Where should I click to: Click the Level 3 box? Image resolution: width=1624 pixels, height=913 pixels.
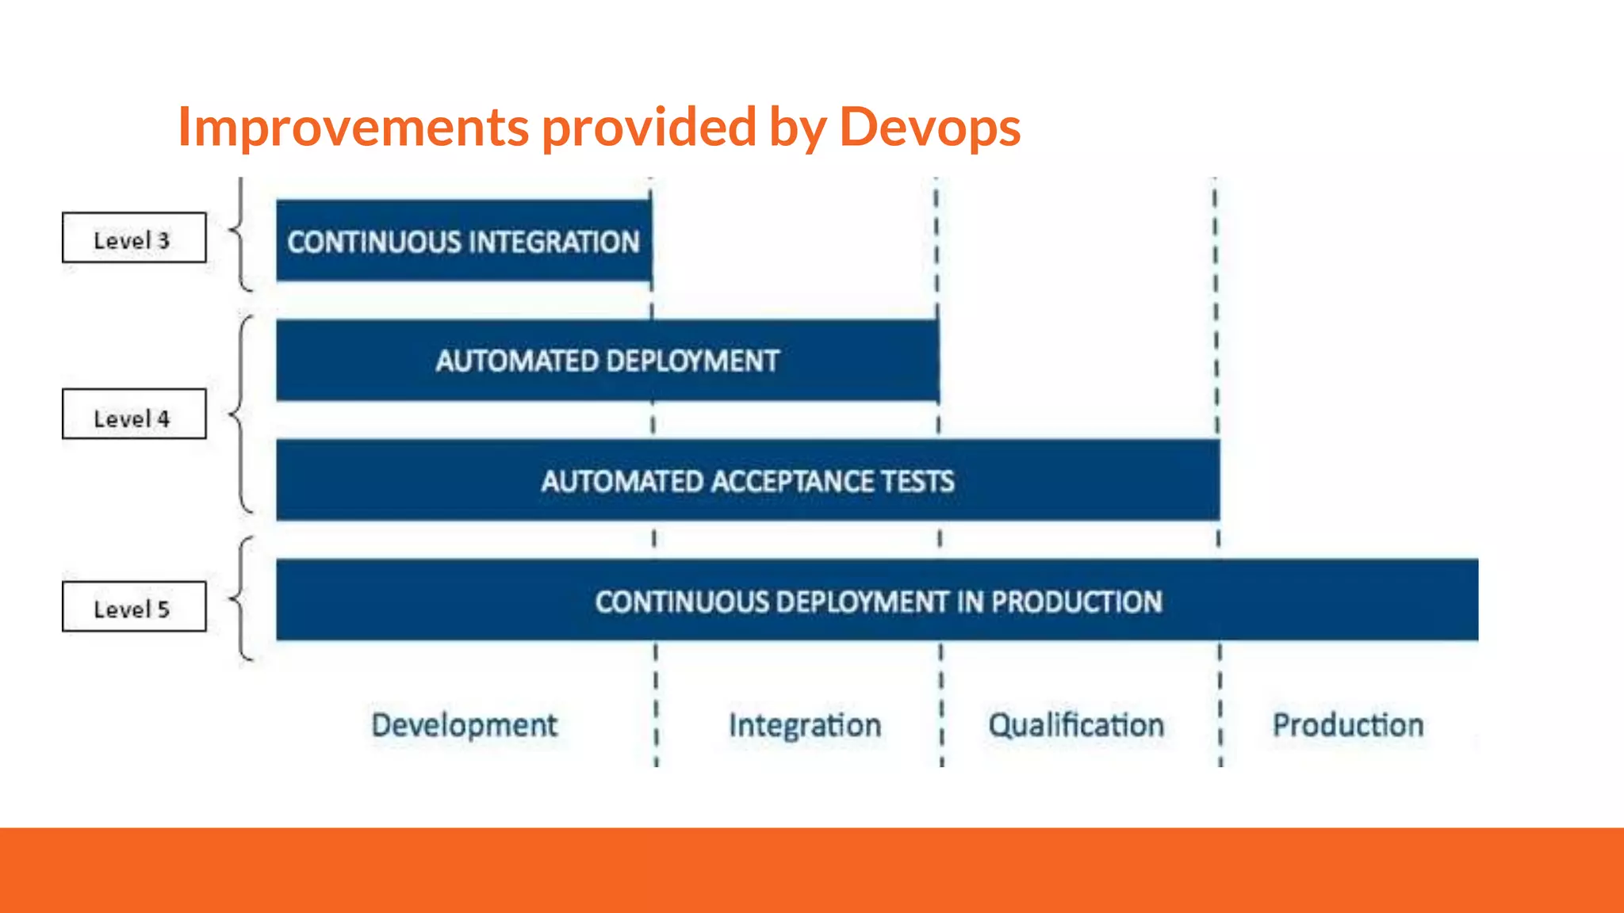tap(134, 238)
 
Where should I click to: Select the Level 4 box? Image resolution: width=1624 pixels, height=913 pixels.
tap(134, 414)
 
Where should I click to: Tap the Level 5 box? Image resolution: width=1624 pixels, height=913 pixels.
tap(134, 607)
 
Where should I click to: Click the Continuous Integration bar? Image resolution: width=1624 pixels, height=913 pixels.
tap(464, 241)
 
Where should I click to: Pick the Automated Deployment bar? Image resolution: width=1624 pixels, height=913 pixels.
tap(607, 361)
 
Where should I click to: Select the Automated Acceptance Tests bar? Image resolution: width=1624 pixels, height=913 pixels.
tap(748, 480)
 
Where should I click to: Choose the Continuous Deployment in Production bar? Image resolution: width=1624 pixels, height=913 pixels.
tap(877, 601)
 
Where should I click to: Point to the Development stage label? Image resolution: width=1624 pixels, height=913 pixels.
tap(465, 725)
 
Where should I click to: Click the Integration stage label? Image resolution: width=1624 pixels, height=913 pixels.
tap(805, 725)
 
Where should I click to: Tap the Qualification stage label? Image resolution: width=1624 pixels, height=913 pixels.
tap(1076, 725)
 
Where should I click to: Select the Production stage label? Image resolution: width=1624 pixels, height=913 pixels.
tap(1348, 725)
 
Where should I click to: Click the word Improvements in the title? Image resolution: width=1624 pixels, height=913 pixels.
tap(354, 127)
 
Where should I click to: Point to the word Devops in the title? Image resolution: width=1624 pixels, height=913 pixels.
tap(929, 127)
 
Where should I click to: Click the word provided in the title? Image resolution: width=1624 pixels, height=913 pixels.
tap(649, 127)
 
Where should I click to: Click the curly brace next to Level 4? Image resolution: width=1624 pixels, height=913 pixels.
tap(240, 414)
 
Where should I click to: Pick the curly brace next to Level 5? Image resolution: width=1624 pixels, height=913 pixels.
tap(240, 598)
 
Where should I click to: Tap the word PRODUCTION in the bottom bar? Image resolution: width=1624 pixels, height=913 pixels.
tap(1077, 602)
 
